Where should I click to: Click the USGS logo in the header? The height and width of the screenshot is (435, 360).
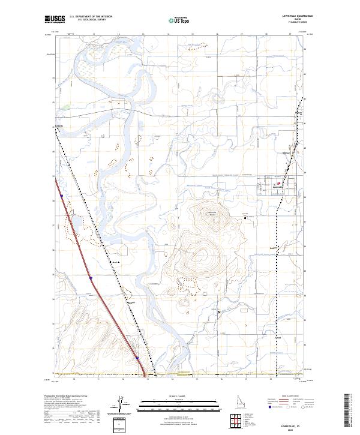[55, 19]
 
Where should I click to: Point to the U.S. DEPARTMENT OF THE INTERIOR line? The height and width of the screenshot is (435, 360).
[91, 16]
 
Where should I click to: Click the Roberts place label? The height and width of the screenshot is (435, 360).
[59, 126]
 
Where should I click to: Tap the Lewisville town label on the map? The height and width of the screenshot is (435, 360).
[277, 187]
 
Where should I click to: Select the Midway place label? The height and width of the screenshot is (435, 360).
[286, 153]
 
